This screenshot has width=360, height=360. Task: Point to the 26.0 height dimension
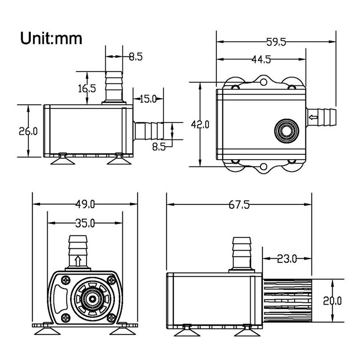(28, 131)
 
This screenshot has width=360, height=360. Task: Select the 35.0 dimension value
(85, 223)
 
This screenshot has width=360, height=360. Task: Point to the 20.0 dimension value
(333, 300)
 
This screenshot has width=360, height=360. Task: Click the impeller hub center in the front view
(91, 298)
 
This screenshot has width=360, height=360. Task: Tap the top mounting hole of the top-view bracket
(263, 82)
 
